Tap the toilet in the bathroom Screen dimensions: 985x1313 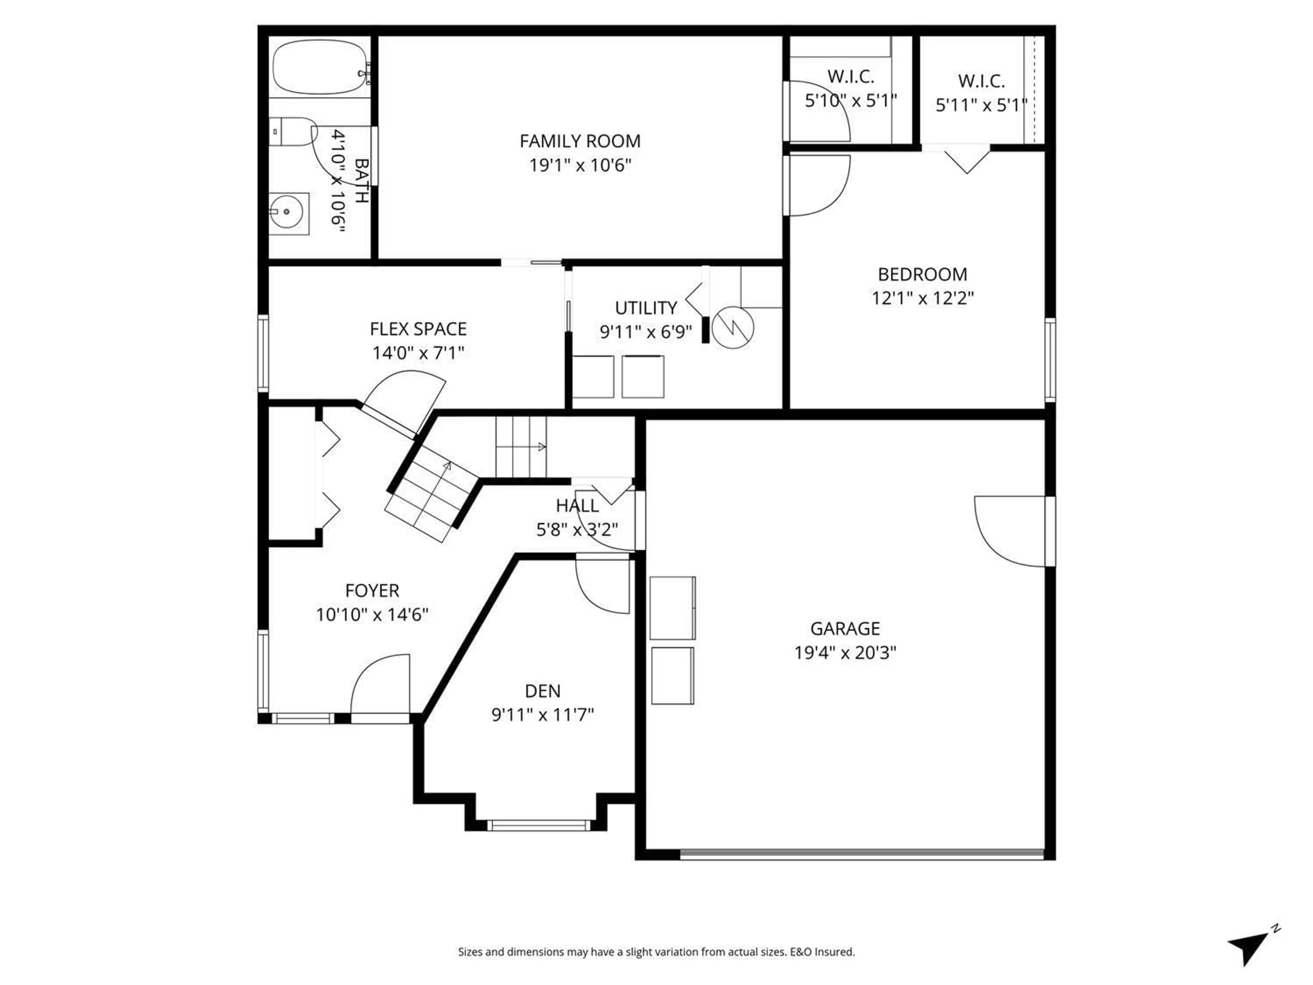coord(291,132)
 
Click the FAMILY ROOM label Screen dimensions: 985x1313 coord(580,141)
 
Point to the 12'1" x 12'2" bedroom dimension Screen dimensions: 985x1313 coord(923,298)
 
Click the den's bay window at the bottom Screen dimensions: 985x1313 coord(539,825)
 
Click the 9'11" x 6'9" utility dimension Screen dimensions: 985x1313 coord(646,332)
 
